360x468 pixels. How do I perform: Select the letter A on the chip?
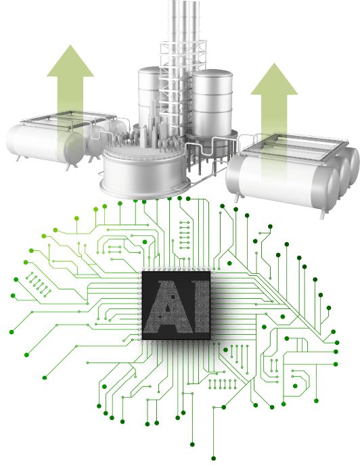tap(168, 307)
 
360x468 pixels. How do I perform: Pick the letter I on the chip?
tap(202, 307)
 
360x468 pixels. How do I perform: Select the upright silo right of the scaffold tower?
tap(212, 104)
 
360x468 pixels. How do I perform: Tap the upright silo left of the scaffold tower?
tap(149, 95)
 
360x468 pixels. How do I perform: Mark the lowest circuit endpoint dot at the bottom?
tap(213, 459)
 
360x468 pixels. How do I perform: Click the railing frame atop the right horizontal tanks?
tap(294, 147)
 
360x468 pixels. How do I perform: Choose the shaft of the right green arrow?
tap(274, 137)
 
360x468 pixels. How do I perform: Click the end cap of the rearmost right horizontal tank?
tap(355, 166)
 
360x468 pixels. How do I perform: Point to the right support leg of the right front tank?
tap(323, 214)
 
